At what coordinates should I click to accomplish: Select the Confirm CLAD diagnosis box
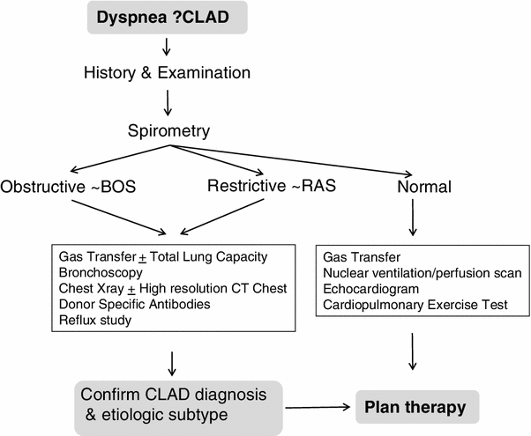coord(166,402)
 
